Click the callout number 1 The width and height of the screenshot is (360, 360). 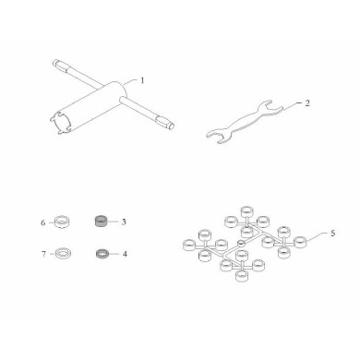(142, 80)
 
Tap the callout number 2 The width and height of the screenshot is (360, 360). (307, 103)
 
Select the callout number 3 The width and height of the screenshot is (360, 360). (124, 222)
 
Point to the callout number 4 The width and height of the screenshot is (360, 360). (125, 254)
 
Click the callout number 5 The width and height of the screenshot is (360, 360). (332, 234)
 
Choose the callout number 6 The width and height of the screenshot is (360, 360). (43, 222)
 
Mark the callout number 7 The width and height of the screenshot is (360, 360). (43, 254)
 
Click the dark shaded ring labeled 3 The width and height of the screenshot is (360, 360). (101, 222)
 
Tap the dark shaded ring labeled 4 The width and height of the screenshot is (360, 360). (101, 254)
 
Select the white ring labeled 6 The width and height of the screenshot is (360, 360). (62, 222)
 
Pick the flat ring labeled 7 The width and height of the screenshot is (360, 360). (62, 254)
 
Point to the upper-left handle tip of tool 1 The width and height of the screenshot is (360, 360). (54, 63)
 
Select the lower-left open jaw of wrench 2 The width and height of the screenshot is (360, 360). (216, 136)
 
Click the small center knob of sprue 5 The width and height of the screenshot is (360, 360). (241, 243)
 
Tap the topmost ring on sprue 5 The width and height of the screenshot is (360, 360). (246, 211)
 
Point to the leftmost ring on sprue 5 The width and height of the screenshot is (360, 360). (189, 246)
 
